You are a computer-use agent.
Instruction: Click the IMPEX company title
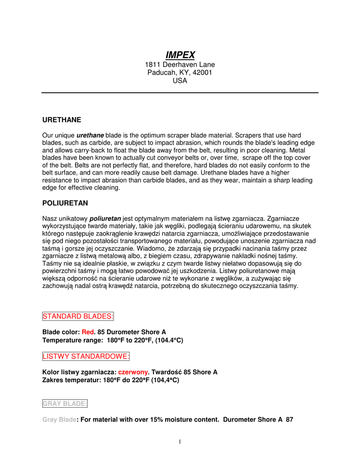[x=180, y=55]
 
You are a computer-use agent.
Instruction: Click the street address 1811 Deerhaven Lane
[x=180, y=65]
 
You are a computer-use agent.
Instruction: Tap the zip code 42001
[x=202, y=72]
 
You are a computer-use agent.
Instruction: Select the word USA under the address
[x=180, y=81]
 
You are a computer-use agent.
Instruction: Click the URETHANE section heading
[x=61, y=120]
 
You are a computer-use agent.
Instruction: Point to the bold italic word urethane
[x=90, y=136]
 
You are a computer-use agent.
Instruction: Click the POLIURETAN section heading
[x=65, y=203]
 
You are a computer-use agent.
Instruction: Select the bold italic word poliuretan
[x=105, y=219]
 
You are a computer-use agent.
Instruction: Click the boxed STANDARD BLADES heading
[x=78, y=316]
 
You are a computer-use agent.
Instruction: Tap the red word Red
[x=87, y=332]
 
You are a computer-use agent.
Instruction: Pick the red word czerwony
[x=133, y=372]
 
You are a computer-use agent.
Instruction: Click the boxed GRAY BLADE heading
[x=65, y=404]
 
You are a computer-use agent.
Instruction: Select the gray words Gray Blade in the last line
[x=59, y=420]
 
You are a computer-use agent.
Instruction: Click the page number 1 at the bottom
[x=180, y=441]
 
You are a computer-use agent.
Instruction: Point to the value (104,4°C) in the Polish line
[x=165, y=380]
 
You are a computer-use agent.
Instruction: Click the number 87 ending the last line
[x=289, y=420]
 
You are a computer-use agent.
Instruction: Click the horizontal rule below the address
[x=180, y=93]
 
